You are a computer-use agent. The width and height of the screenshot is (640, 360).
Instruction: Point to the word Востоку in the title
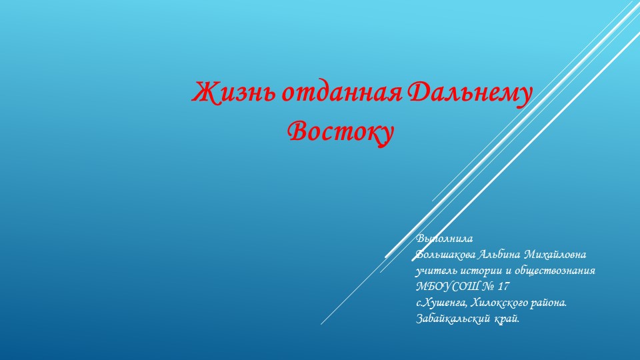pyautogui.click(x=340, y=129)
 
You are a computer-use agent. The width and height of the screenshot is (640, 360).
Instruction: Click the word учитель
pyautogui.click(x=435, y=271)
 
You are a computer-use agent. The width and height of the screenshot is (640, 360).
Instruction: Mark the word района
pyautogui.click(x=550, y=303)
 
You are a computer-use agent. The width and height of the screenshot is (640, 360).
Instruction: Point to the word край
pyautogui.click(x=507, y=319)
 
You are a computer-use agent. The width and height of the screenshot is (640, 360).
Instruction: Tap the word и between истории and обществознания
pyautogui.click(x=511, y=271)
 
